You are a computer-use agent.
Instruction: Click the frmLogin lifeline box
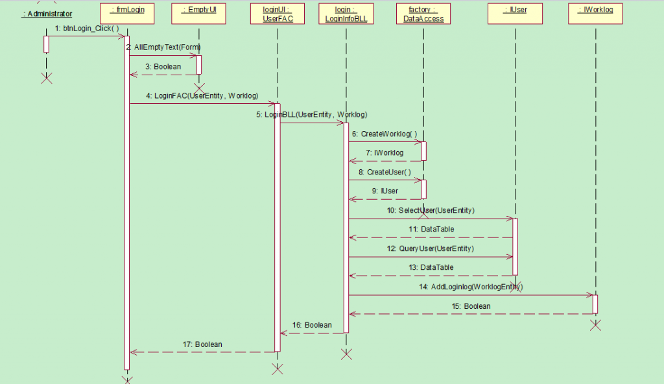coord(127,14)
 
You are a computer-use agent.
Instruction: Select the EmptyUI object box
coord(199,14)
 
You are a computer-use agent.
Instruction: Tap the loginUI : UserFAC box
coord(278,14)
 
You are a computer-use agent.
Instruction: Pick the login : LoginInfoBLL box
coord(346,14)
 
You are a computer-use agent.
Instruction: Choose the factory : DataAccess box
coord(423,14)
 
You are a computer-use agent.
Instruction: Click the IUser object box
coord(515,14)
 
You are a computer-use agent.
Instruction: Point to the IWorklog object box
coord(595,14)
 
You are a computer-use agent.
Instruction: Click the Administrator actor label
coord(47,14)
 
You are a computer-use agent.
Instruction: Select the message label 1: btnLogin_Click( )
coord(87,28)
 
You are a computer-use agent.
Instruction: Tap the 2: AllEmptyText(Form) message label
coord(163,47)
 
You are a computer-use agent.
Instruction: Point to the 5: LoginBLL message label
coord(311,115)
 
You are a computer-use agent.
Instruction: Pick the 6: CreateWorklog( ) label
coord(385,134)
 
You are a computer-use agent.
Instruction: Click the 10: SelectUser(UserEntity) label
coord(431,210)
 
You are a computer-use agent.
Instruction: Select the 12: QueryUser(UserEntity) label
coord(431,248)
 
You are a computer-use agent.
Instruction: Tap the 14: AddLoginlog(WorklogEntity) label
coord(471,287)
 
